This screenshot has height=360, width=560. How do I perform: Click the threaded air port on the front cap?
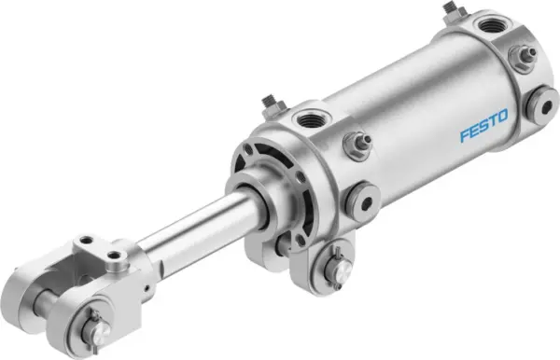[x=310, y=118]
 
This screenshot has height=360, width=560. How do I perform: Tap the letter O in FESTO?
[x=503, y=117]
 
